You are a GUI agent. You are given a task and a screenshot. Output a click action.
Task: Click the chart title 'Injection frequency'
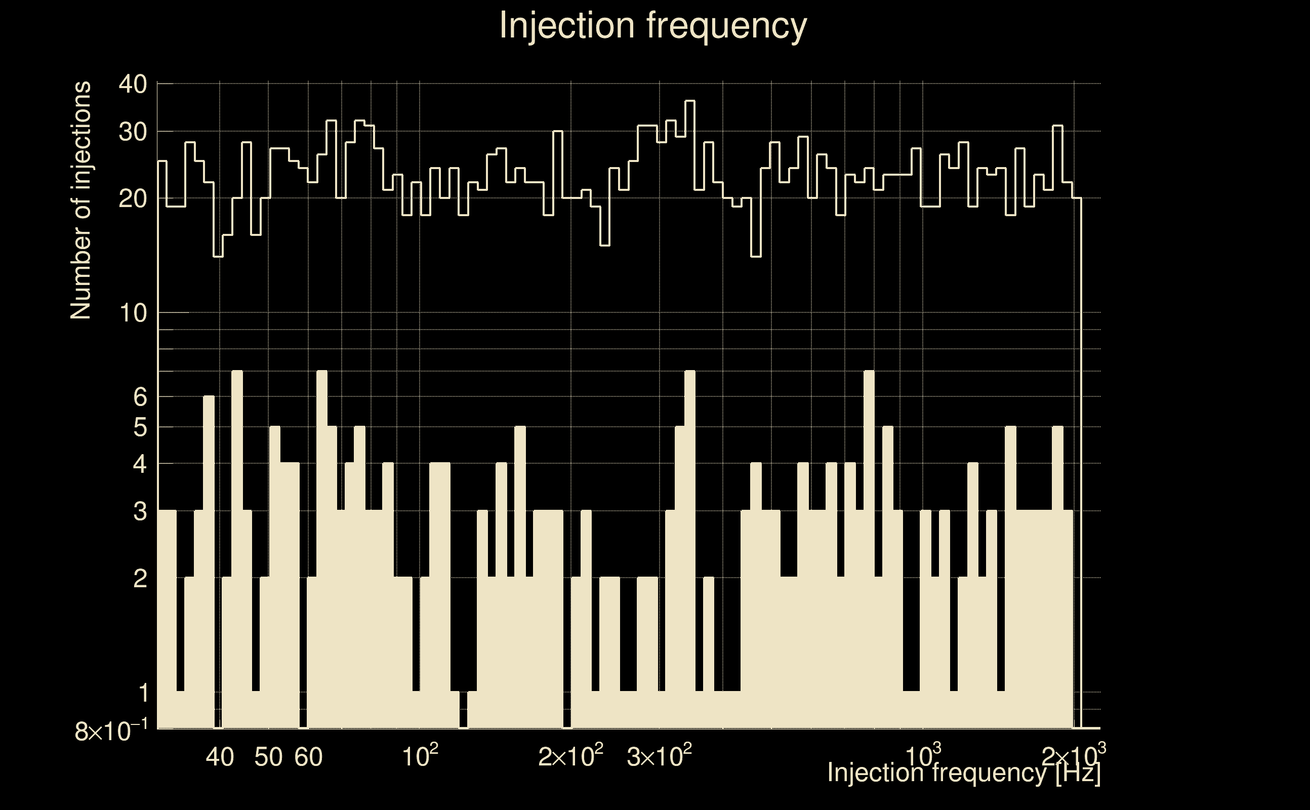[x=653, y=26]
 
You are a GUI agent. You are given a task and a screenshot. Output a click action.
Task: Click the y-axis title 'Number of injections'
[x=80, y=200]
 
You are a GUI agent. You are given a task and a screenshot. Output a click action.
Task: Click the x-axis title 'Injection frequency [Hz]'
[x=964, y=773]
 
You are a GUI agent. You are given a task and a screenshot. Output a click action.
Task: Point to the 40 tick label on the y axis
[x=132, y=85]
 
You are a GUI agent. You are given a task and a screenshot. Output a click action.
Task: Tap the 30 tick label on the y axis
[x=132, y=132]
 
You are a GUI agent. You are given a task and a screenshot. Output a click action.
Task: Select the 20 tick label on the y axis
[x=132, y=199]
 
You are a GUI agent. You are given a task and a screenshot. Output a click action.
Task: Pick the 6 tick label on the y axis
[x=140, y=397]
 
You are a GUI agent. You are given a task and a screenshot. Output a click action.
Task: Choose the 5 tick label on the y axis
[x=140, y=428]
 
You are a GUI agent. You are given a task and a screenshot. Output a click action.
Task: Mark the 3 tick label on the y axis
[x=140, y=512]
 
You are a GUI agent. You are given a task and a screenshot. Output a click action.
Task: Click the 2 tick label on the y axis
[x=140, y=579]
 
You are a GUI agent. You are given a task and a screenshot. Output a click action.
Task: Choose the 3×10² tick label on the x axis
[x=659, y=756]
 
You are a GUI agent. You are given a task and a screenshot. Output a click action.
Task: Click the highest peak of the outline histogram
[x=690, y=101]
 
